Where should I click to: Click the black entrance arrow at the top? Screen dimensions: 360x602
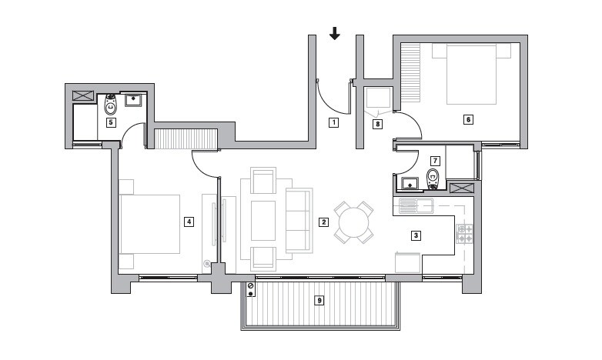point(334,33)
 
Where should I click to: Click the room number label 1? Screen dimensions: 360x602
point(333,122)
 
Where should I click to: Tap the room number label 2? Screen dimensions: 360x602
point(323,222)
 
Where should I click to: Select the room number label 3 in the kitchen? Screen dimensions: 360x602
point(416,235)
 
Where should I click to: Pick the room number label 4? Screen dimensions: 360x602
point(188,222)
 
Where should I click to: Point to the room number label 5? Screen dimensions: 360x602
point(111,122)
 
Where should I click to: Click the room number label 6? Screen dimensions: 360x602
point(467,118)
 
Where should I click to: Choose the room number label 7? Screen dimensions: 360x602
point(435,161)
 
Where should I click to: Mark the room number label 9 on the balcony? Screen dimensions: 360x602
point(319,301)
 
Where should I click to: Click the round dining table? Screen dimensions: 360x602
point(353,223)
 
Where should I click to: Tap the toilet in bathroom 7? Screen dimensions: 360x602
point(433,179)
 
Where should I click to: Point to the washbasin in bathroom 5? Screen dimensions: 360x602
point(136,100)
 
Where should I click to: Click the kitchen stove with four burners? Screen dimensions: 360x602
point(466,234)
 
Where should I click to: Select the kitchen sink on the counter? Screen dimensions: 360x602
point(416,205)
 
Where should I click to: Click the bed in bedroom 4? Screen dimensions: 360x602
point(150,223)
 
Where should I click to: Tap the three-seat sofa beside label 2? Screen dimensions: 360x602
point(299,220)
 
